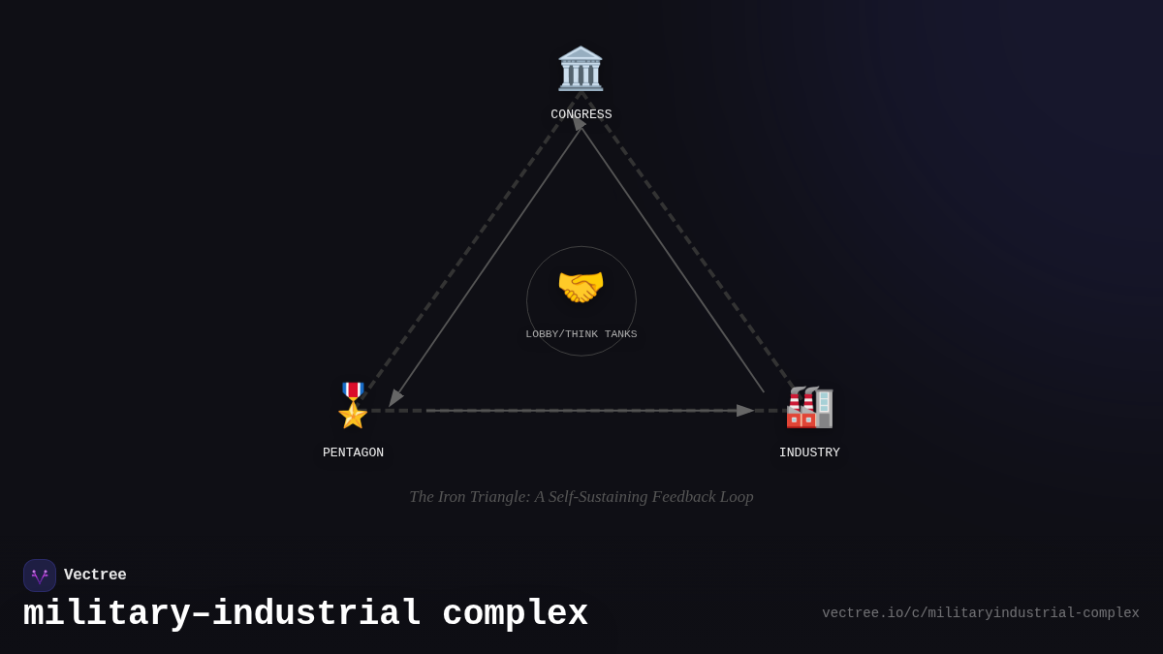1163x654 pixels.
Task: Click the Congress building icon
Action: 581,69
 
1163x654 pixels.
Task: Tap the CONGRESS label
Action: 581,114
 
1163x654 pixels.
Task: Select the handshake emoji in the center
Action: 581,288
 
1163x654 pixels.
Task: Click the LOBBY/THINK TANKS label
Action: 581,334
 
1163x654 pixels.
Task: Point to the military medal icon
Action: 353,405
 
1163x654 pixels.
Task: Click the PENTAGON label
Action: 353,452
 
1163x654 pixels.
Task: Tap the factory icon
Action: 809,407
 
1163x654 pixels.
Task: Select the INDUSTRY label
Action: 809,452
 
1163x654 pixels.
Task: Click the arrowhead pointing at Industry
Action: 745,411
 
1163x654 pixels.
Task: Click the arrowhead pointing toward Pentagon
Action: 394,398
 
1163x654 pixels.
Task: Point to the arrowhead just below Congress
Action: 579,124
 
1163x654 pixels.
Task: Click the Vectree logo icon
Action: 40,576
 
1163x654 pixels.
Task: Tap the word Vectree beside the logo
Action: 95,576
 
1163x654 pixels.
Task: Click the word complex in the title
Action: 515,614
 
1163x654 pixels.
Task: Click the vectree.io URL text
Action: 980,613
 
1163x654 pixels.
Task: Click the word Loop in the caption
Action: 736,497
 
